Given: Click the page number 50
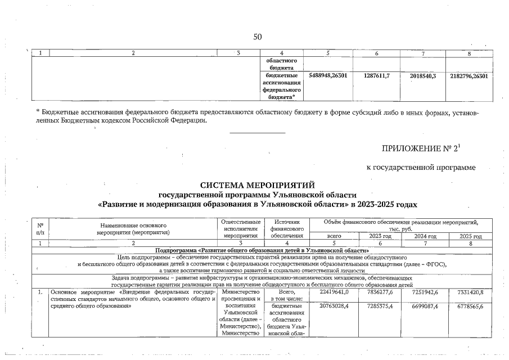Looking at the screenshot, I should tap(258, 37).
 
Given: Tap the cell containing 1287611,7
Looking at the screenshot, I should tap(377, 75).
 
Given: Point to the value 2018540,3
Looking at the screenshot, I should tap(422, 75).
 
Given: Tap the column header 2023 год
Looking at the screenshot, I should tap(380, 236).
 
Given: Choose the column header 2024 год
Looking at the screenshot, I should tap(425, 236).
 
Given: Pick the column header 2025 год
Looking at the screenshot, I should tap(470, 236).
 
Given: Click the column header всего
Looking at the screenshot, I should tap(335, 236).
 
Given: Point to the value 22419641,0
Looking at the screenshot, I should tap(334, 292).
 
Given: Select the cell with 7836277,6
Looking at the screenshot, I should tap(380, 292).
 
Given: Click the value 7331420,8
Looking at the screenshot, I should tap(470, 292).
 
